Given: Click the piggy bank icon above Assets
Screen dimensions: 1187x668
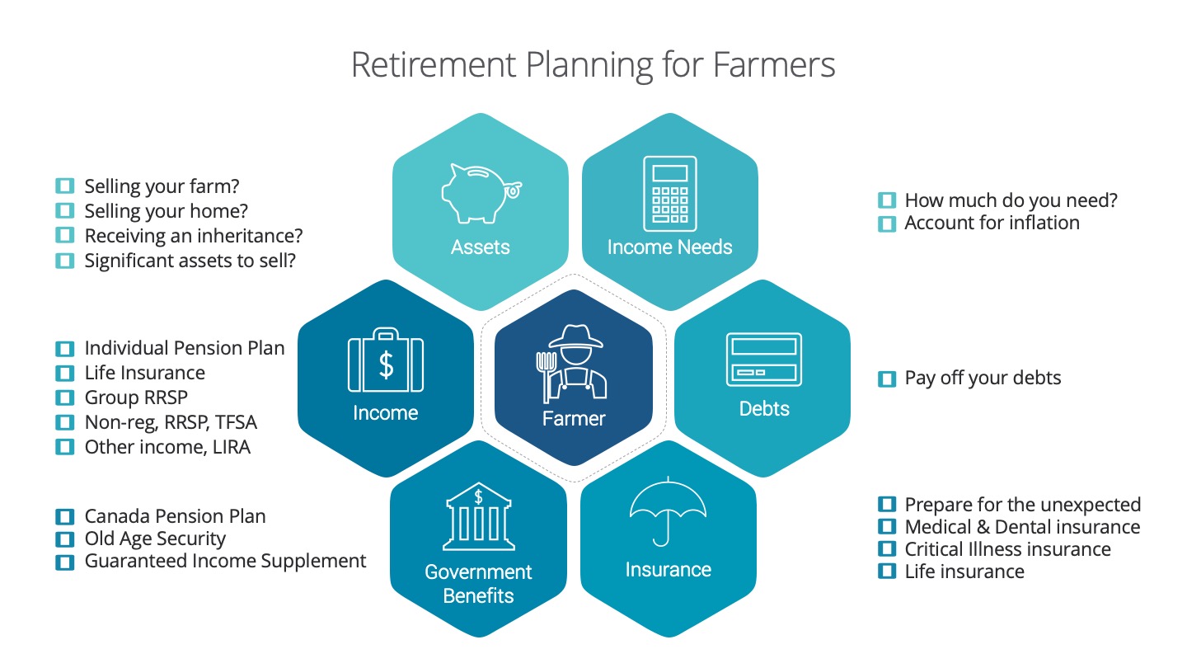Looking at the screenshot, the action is pyautogui.click(x=481, y=194).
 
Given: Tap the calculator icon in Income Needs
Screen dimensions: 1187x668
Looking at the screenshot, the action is pyautogui.click(x=670, y=194).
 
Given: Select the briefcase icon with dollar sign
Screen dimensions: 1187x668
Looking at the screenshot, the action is pyautogui.click(x=385, y=360).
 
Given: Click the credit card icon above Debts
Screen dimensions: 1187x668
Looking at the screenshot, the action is pyautogui.click(x=763, y=360).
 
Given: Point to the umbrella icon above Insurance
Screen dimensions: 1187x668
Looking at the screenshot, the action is pyautogui.click(x=668, y=511).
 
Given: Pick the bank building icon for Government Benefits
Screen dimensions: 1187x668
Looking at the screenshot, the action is pyautogui.click(x=478, y=516).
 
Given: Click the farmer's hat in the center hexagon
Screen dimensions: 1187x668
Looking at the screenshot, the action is pyautogui.click(x=575, y=337).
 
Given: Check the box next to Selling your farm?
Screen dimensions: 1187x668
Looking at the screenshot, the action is pyautogui.click(x=64, y=186).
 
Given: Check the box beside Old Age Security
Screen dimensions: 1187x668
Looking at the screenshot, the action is pyautogui.click(x=64, y=539).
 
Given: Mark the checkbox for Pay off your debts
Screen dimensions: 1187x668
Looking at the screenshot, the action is pyautogui.click(x=887, y=379).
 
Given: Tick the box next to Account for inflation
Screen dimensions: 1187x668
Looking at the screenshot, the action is pyautogui.click(x=887, y=223).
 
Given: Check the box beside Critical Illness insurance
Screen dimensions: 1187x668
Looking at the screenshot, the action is pyautogui.click(x=887, y=549).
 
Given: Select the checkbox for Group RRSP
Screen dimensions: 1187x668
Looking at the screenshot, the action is pyautogui.click(x=64, y=398).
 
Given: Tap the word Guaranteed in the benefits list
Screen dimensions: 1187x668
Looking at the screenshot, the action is pyautogui.click(x=135, y=561).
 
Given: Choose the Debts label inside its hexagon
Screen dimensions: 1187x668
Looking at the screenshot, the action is pyautogui.click(x=764, y=409).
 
